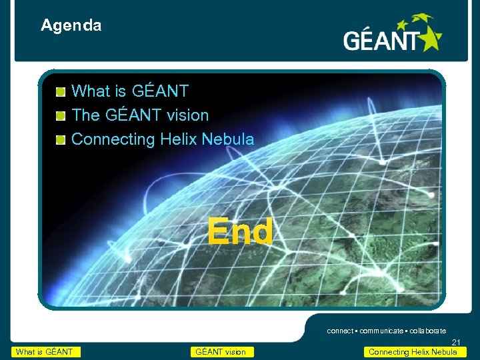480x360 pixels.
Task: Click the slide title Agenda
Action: [71, 26]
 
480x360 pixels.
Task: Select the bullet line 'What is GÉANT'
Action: [129, 91]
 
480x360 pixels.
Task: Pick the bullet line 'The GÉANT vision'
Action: [139, 115]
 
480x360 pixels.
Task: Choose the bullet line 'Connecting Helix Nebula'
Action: [162, 139]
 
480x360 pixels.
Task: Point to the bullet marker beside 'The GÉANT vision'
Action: [60, 116]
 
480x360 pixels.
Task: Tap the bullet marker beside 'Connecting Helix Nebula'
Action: [60, 140]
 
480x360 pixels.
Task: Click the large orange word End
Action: [239, 232]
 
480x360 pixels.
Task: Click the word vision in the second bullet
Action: [187, 115]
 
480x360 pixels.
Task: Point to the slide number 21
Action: [456, 343]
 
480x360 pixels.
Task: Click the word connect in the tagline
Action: [341, 331]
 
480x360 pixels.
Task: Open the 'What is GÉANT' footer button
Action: [45, 352]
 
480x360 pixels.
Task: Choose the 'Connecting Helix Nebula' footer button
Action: [413, 352]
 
